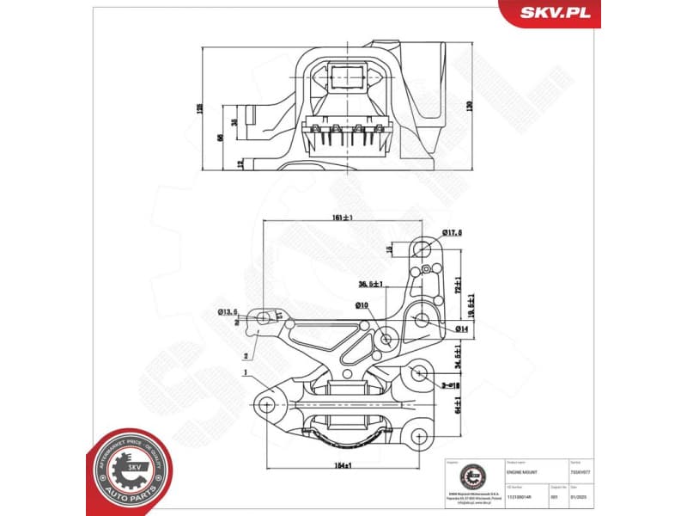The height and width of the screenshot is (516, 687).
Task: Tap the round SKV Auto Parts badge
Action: point(130,470)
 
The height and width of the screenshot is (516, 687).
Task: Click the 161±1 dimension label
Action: point(343,219)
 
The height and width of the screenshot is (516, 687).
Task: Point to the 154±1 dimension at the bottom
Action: point(343,464)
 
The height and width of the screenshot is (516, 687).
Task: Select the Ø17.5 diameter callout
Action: point(453,232)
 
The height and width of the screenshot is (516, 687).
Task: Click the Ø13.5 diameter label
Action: point(228,311)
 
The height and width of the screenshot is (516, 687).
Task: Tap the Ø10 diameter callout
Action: point(362,305)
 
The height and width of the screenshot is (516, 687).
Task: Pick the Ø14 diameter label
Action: point(460,329)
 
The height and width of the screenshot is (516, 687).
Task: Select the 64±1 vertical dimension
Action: point(459,404)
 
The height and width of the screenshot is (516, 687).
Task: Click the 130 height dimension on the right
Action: point(470,106)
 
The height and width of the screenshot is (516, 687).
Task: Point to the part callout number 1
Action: point(246,373)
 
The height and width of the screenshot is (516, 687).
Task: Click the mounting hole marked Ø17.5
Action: point(421,249)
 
